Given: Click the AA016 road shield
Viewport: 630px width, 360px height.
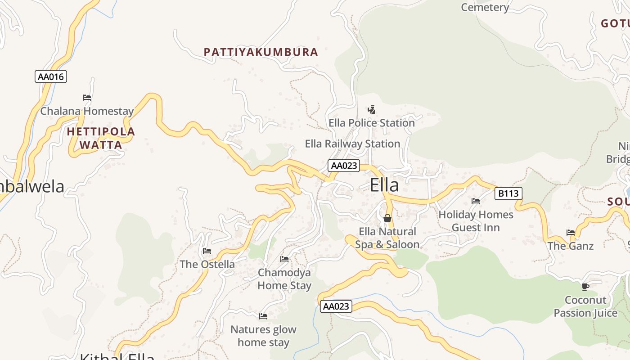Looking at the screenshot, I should coord(51,76).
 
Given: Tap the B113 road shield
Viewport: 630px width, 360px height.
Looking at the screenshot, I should coord(508,193).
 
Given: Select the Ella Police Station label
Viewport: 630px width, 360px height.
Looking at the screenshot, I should coord(371,123).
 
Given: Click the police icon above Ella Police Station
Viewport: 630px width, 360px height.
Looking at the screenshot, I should coord(371,109).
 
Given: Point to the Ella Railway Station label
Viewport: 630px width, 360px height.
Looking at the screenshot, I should coord(352,144).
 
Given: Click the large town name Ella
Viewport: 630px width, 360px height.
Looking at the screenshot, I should coord(384,185).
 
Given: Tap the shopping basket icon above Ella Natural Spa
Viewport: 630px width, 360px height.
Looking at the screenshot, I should coord(387,219).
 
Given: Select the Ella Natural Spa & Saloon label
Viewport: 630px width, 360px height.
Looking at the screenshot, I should coord(387,238).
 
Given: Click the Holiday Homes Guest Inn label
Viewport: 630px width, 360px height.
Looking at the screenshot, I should coord(476,221).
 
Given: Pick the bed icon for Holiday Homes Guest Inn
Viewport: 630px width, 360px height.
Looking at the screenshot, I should coord(476,201).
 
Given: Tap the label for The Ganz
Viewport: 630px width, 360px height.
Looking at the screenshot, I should coord(570,246).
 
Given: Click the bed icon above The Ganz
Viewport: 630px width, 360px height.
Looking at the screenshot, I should coord(571,233).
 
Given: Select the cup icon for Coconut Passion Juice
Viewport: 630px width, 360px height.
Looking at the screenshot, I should coord(585,287).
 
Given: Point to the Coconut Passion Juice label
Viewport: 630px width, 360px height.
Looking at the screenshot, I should coord(585,306).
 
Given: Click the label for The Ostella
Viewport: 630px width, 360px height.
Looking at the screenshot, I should coord(207,264).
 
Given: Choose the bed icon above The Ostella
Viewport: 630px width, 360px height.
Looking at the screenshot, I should coord(207,251).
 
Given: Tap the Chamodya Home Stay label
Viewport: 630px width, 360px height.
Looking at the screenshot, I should coord(284,279).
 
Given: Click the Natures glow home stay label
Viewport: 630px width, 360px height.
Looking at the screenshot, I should coord(263,336).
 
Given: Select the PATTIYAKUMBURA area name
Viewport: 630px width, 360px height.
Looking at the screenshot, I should coord(261,52).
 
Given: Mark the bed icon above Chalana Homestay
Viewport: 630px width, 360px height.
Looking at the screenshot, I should coord(87,98).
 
